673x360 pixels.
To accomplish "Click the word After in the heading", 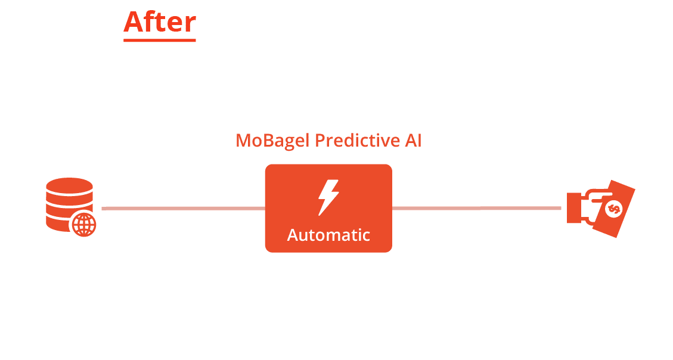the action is pyautogui.click(x=160, y=21).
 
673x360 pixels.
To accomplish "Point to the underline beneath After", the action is pyautogui.click(x=160, y=41).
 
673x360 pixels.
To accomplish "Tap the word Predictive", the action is pyautogui.click(x=357, y=141).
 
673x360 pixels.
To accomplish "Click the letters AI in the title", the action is pyautogui.click(x=413, y=141).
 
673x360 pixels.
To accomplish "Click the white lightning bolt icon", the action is pyautogui.click(x=328, y=197).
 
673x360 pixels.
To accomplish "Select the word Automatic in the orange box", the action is pyautogui.click(x=328, y=235).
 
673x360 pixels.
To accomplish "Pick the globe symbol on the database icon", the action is pyautogui.click(x=83, y=225).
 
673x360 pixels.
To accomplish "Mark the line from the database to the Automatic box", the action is pyautogui.click(x=183, y=209).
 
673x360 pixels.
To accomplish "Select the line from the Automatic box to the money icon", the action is pyautogui.click(x=476, y=208).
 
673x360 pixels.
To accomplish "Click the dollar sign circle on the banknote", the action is pyautogui.click(x=614, y=209).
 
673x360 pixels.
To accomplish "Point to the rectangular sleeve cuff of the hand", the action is pyautogui.click(x=574, y=208).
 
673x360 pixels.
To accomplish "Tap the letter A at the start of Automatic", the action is pyautogui.click(x=293, y=235).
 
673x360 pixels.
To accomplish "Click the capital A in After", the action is pyautogui.click(x=134, y=21).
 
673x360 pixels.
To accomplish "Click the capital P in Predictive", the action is pyautogui.click(x=321, y=141).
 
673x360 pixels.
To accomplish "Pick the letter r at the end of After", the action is pyautogui.click(x=190, y=24).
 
